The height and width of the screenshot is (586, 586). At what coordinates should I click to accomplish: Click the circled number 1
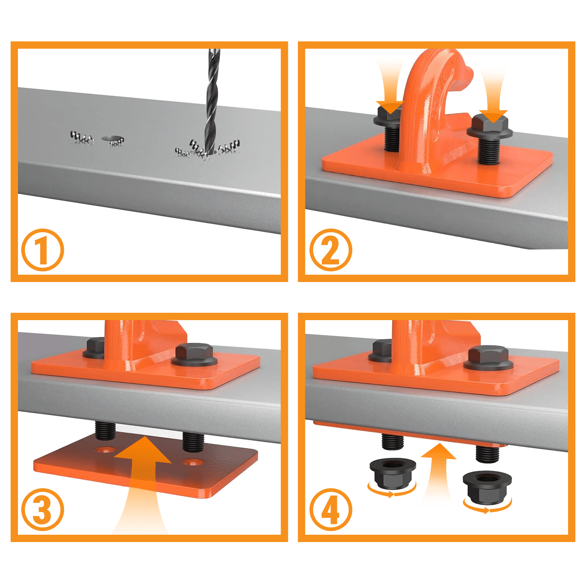point(42,250)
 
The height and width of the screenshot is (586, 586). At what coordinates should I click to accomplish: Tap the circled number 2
point(331,250)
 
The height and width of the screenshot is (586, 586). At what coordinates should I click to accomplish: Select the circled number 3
point(42,509)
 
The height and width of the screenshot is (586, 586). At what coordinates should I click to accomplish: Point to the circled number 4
point(331,509)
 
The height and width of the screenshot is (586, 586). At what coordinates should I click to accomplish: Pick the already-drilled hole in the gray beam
point(112,139)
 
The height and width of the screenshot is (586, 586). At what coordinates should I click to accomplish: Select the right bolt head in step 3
point(194,354)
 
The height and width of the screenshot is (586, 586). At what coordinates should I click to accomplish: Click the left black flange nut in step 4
point(392,473)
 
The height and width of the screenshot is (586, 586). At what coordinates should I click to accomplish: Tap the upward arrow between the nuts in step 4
point(438,472)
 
